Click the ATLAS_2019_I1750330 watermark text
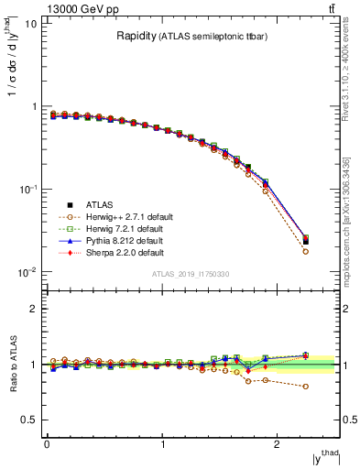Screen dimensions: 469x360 pyautogui.click(x=191, y=274)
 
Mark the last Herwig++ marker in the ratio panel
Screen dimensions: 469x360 pyautogui.click(x=306, y=387)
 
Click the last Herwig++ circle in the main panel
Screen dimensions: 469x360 pyautogui.click(x=306, y=251)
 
